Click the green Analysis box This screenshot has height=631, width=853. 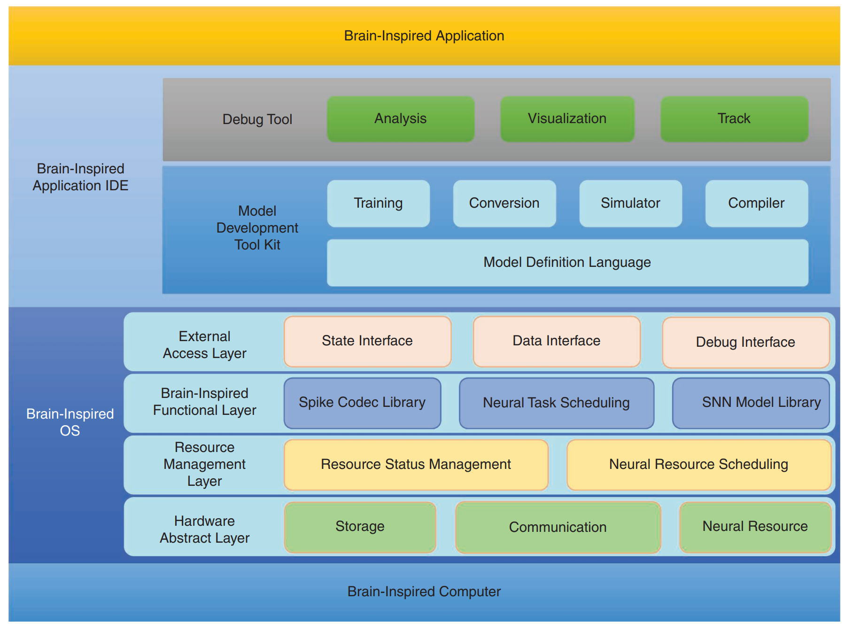coord(400,119)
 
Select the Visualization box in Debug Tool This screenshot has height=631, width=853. coord(567,119)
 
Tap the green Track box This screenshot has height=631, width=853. coord(734,119)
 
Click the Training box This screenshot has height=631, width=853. coord(378,203)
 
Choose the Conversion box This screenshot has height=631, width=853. coord(504,203)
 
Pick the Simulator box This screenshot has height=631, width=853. coord(630,203)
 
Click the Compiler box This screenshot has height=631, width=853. coord(756,203)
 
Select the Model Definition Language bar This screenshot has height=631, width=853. coord(567,263)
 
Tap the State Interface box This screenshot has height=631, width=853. coord(367,341)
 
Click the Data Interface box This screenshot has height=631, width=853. coord(557,341)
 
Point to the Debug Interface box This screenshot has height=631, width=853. coord(745,343)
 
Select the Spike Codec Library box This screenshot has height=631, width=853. coord(362,403)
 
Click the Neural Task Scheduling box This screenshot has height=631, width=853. coord(556,403)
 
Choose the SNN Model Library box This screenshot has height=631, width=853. coord(751,403)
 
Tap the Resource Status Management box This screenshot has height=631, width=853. coord(416,465)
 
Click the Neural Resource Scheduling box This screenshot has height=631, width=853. coord(698,465)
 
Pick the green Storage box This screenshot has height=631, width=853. coord(360,527)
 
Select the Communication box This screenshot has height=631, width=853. coord(558,527)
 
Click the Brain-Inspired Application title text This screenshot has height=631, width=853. coord(424,36)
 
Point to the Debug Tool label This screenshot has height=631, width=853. coord(257,120)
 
